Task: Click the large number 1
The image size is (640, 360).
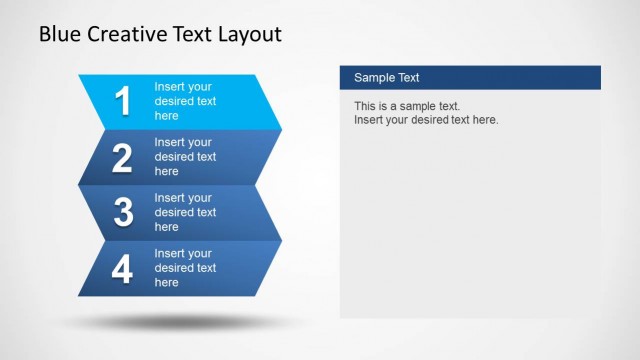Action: pos(123,102)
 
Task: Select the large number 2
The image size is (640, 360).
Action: pos(123,158)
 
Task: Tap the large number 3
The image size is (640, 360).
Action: pos(123,213)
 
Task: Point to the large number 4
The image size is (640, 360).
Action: pos(123,269)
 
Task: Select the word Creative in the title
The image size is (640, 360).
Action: pos(126,35)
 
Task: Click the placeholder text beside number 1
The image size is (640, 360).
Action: pos(185,101)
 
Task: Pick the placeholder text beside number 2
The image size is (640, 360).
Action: pos(185,157)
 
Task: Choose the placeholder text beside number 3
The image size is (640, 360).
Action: pos(185,212)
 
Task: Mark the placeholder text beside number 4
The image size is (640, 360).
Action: pos(185,268)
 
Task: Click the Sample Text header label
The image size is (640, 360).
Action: pos(386,78)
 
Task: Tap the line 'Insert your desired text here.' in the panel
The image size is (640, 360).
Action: pos(426,120)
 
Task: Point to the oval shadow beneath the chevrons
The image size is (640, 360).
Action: pos(180,323)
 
